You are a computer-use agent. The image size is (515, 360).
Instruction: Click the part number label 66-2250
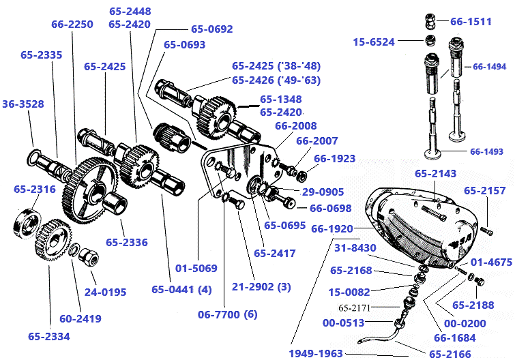pos(72,24)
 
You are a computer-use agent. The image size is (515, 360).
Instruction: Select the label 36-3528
pos(23,104)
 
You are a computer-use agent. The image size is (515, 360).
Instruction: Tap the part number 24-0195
pos(105,292)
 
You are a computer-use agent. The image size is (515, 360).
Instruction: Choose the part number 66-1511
pos(471,22)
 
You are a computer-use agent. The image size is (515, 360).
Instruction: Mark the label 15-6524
pos(374,42)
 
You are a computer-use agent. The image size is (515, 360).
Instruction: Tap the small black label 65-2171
pos(354,307)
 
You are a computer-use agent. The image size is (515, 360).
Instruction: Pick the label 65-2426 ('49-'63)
pos(276,80)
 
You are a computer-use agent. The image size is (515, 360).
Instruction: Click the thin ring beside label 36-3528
pos(35,157)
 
